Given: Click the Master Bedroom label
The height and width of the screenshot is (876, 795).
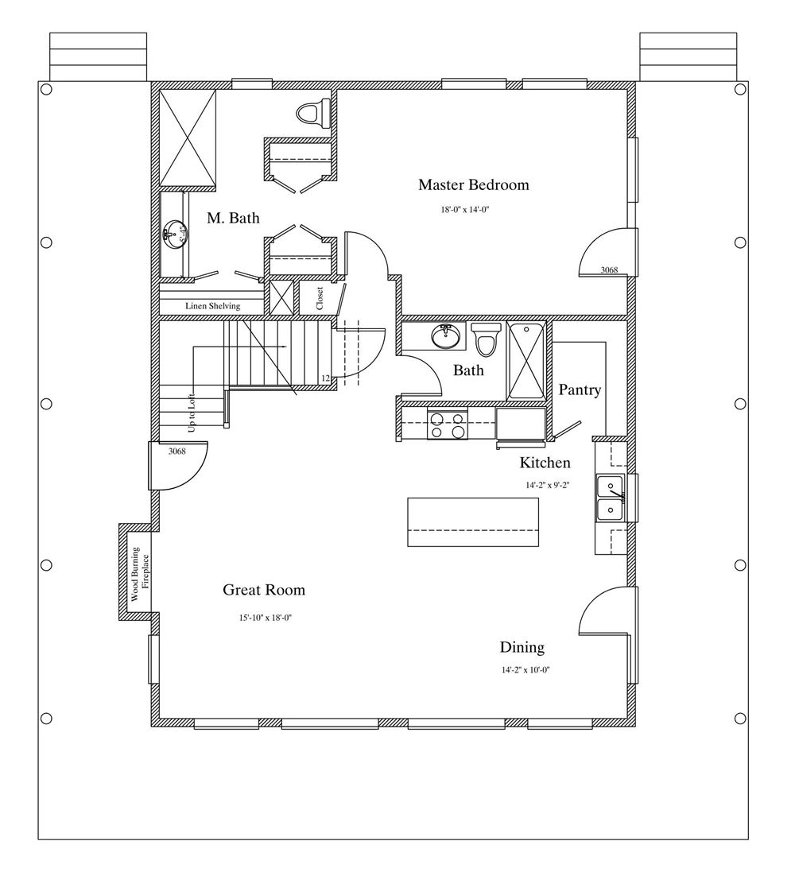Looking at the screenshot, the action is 473,185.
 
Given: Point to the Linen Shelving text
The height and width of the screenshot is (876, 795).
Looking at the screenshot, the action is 213,306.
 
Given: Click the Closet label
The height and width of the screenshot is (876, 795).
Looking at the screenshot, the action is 320,299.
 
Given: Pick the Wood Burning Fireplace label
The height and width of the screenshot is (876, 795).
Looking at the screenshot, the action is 140,574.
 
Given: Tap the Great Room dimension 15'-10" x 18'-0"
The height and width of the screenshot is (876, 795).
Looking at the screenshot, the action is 266,618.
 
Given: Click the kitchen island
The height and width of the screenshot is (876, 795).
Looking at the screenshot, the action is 473,521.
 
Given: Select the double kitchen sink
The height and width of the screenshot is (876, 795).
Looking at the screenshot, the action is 610,498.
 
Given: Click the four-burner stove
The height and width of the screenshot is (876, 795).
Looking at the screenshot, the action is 448,424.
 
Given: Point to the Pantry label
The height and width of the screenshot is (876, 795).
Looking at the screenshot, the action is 580,390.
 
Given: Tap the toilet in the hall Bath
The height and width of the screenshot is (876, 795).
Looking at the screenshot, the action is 487,339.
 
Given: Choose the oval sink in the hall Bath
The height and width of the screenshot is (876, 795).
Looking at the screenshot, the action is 446,336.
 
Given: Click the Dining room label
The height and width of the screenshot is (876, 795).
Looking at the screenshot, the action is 522,648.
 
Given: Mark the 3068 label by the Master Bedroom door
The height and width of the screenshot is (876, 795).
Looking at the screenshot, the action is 609,269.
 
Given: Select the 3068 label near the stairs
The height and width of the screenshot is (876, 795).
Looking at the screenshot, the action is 177,452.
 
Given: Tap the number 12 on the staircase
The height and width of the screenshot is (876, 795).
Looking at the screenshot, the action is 326,379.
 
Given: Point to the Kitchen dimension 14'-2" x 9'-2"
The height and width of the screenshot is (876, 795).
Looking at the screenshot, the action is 547,486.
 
